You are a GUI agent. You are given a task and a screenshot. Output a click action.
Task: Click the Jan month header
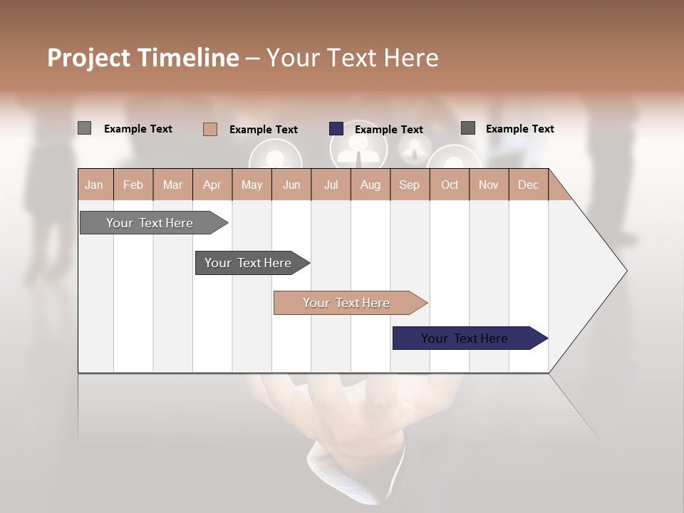tap(95, 185)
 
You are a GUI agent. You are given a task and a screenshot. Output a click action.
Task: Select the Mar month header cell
tap(172, 185)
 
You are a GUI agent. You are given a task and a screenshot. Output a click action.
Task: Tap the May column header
tap(252, 185)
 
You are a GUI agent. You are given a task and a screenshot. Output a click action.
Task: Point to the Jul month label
tap(331, 185)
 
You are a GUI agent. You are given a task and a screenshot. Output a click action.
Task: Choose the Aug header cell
tap(370, 185)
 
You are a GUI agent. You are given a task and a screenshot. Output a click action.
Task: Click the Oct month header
tap(449, 185)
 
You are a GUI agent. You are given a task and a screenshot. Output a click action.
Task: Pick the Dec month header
tap(528, 185)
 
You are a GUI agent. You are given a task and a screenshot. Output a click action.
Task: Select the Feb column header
tap(133, 185)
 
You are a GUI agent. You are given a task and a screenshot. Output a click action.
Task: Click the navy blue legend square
tap(336, 129)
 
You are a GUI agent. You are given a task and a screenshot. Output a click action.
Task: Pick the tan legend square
tap(210, 129)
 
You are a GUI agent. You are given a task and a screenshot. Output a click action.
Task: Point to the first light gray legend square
tap(84, 128)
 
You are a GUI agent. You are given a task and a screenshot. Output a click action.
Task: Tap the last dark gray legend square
tap(468, 128)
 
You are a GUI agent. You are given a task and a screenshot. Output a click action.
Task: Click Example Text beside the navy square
tap(388, 130)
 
